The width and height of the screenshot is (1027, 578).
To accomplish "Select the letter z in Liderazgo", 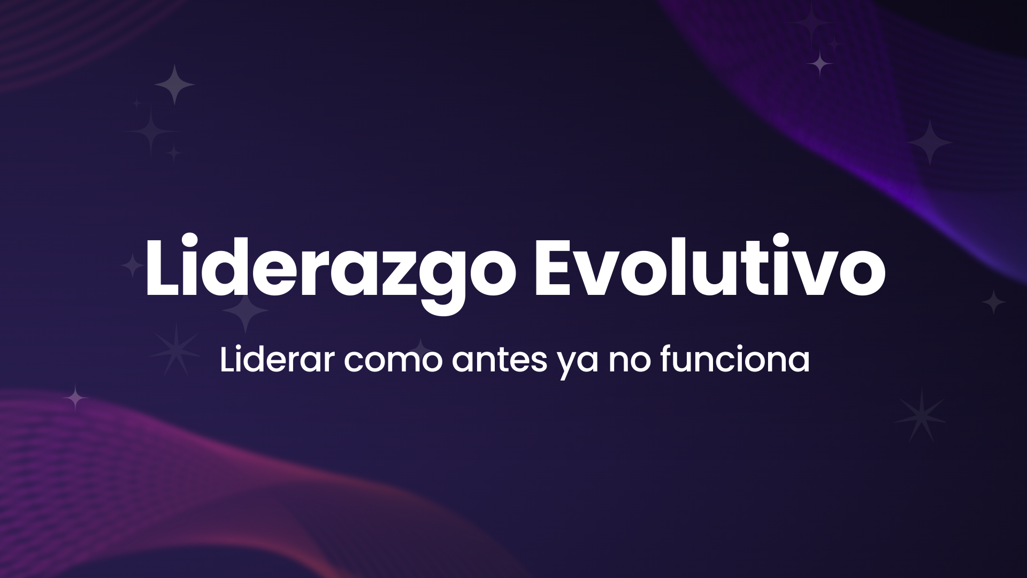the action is click(x=398, y=273).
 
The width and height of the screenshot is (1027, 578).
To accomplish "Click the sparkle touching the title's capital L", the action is click(x=132, y=265).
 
